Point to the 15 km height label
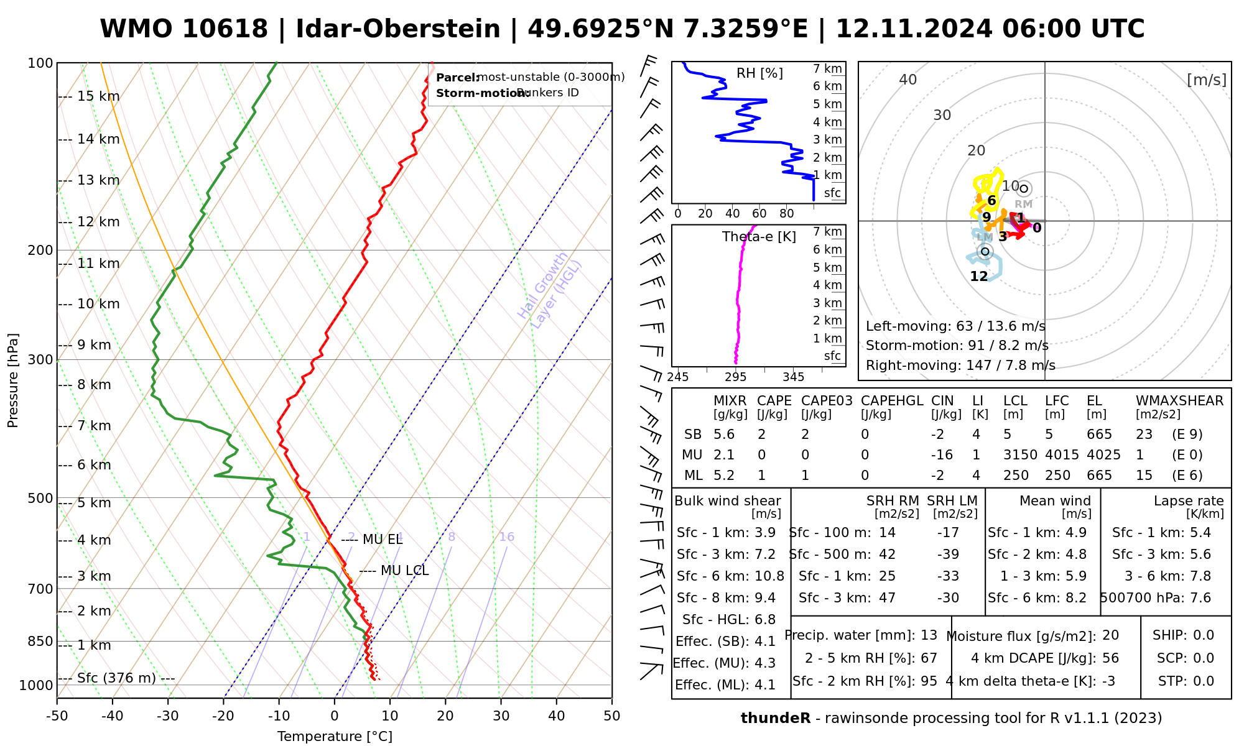pos(98,96)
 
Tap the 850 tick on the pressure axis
pos(40,641)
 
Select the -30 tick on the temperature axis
pos(168,716)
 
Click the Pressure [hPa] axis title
pos(13,380)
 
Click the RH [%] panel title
pos(759,73)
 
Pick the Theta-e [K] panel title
pos(759,237)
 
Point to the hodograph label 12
pos(979,277)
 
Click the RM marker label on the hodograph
pos(1023,204)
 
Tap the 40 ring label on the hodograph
pos(908,80)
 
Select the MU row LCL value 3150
pos(1020,455)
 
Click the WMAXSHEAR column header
pos(1179,401)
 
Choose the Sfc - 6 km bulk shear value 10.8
pos(769,576)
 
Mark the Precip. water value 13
pos(929,635)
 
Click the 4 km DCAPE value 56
pos(1110,658)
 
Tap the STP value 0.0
pos(1204,681)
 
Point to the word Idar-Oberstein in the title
pos(398,29)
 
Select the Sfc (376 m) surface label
pos(116,678)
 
